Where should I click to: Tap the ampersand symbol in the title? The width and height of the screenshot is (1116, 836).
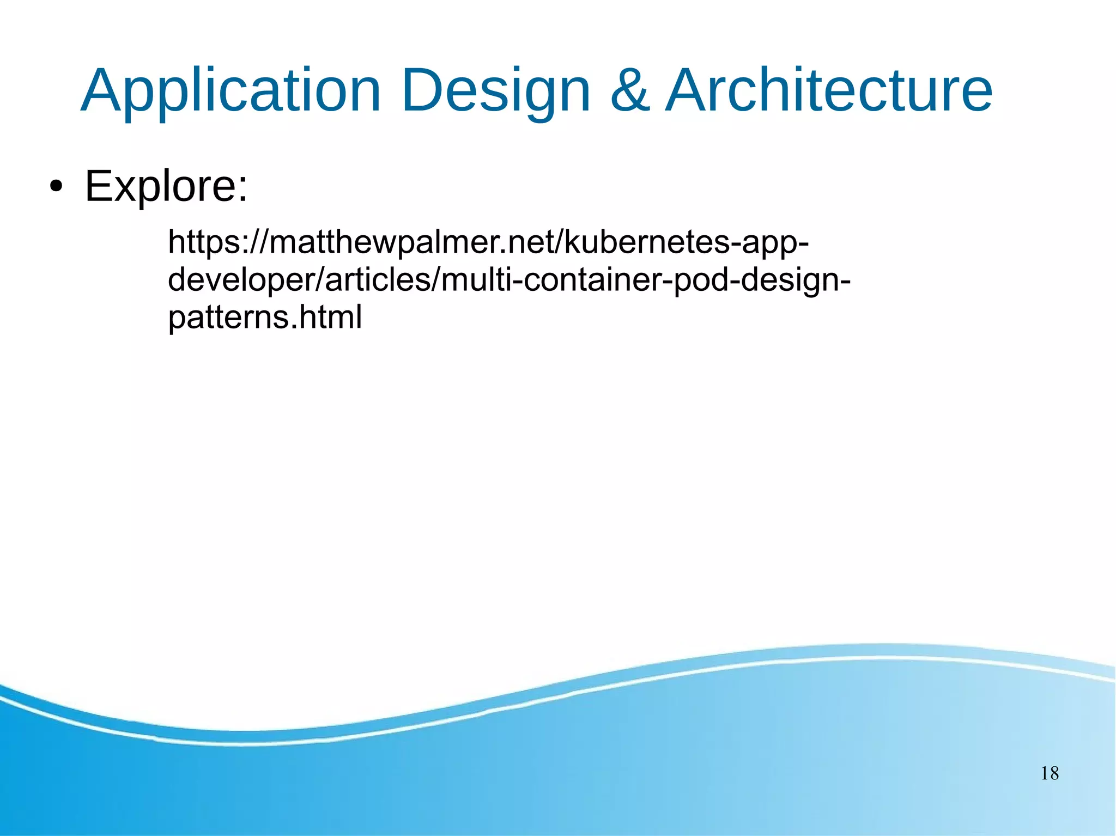629,91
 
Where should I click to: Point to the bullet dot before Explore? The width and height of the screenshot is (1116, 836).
56,187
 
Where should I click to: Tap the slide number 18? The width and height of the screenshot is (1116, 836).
1050,773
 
